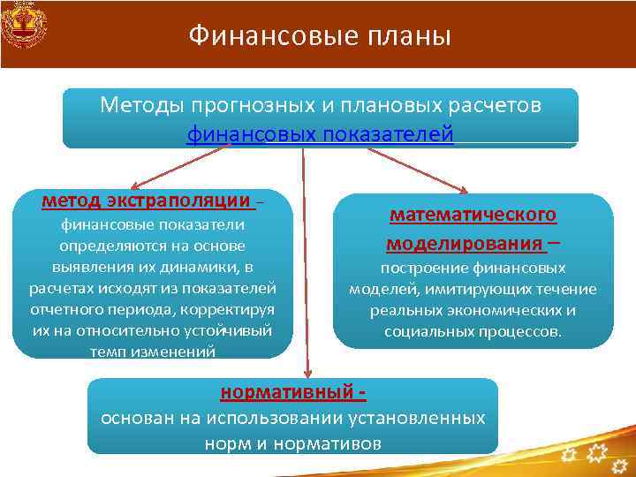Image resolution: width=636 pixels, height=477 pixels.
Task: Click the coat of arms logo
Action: click(24, 26)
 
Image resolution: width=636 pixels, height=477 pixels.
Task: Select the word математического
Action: click(473, 216)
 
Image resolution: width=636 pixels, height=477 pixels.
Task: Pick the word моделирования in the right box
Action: click(465, 242)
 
